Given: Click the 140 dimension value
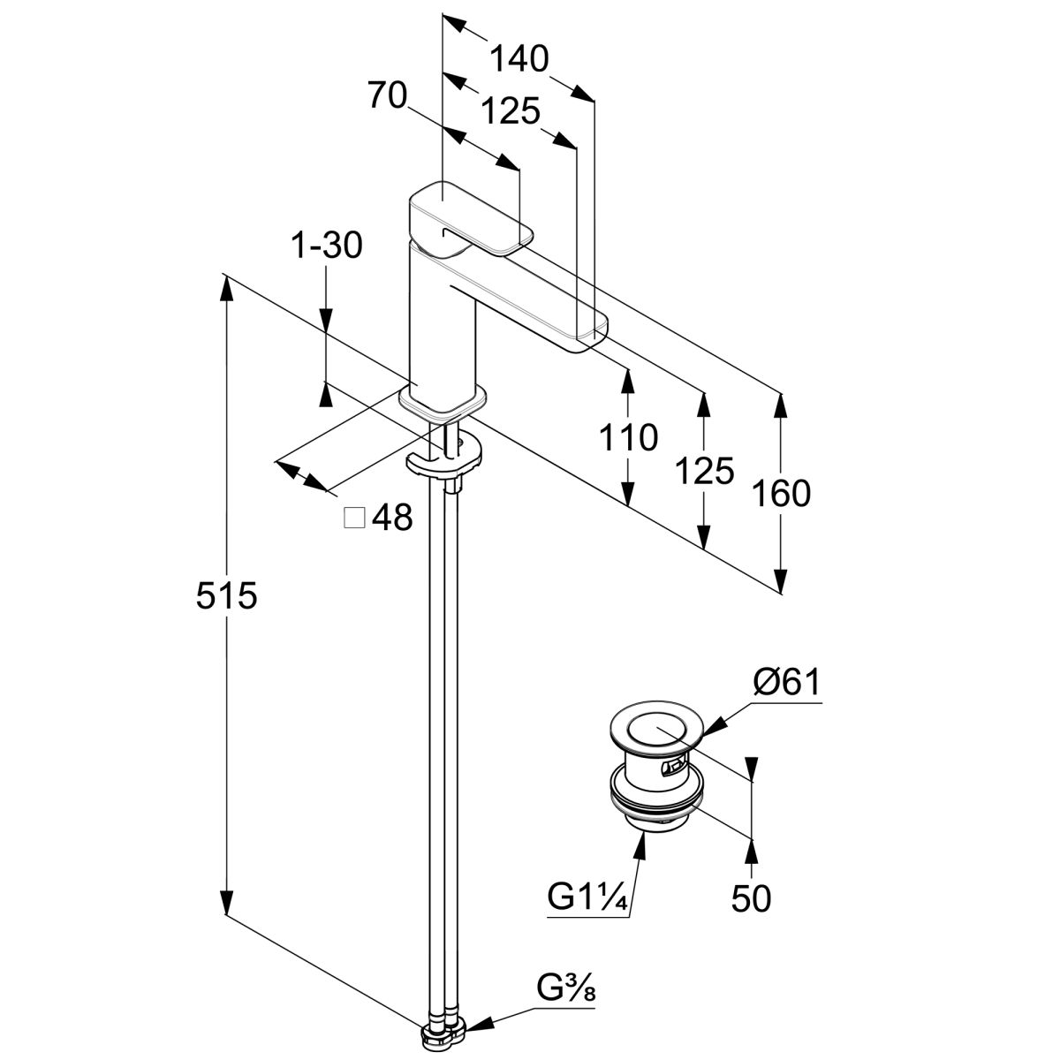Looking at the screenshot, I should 519,58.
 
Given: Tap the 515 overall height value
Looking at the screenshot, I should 225,597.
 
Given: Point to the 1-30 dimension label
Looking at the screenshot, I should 327,246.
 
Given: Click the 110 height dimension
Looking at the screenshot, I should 628,436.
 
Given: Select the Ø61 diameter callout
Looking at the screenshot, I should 785,683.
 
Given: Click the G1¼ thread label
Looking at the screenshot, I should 587,897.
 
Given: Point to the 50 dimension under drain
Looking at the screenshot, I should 751,897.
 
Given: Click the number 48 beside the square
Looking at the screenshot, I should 391,518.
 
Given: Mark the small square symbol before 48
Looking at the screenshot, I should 354,518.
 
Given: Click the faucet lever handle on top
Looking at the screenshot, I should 468,218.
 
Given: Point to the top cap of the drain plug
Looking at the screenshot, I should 655,731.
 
